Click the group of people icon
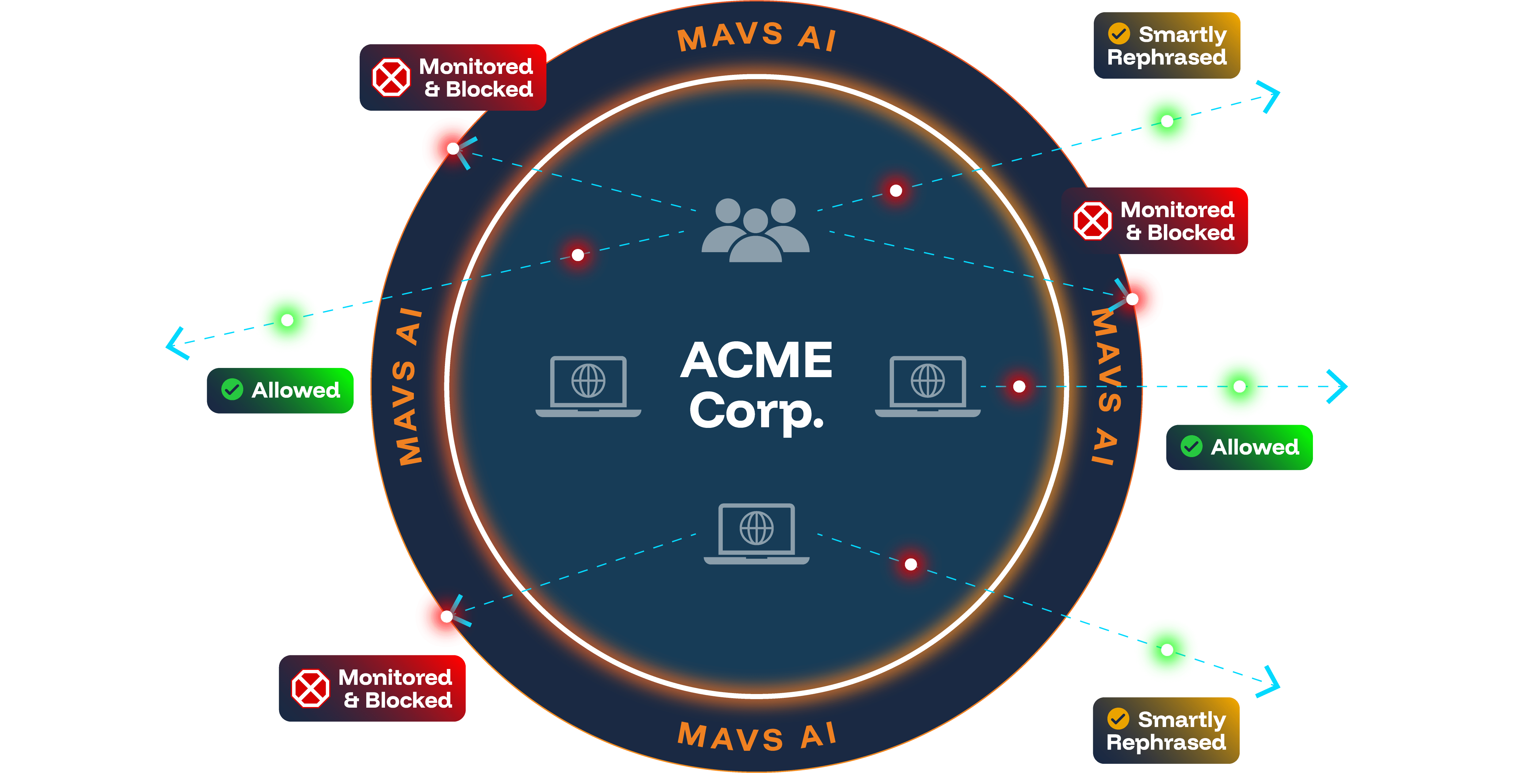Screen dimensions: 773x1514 coord(756,230)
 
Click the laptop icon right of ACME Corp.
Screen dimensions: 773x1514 coord(927,386)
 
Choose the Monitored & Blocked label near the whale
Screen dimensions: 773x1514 coord(453,78)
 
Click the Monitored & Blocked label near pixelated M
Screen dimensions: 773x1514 coord(372,688)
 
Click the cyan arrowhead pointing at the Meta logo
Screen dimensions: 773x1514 coord(1338,386)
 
